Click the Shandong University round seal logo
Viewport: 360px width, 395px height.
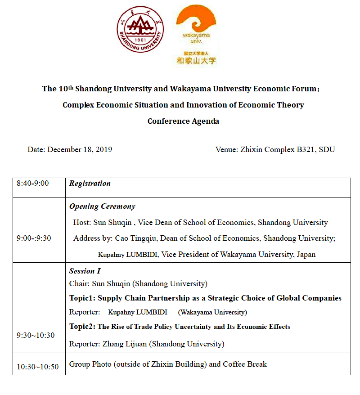tap(140, 29)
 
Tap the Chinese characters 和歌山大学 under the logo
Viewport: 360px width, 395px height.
tap(196, 60)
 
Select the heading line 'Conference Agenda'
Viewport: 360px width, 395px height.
tap(183, 121)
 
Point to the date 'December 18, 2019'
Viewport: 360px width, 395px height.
tap(80, 150)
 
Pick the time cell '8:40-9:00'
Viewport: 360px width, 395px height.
tap(33, 184)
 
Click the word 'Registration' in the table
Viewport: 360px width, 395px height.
tap(90, 184)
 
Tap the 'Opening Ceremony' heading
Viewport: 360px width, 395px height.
tap(102, 206)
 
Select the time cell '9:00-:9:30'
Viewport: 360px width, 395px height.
tap(34, 238)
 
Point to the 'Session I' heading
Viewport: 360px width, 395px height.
tap(85, 271)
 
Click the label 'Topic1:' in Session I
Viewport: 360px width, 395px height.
tap(82, 298)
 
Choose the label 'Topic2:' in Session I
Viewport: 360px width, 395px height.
tap(82, 327)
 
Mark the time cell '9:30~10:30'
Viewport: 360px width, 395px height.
tap(36, 335)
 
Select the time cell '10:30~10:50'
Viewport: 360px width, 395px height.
tap(38, 367)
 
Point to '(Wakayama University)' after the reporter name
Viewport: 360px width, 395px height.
tap(212, 312)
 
